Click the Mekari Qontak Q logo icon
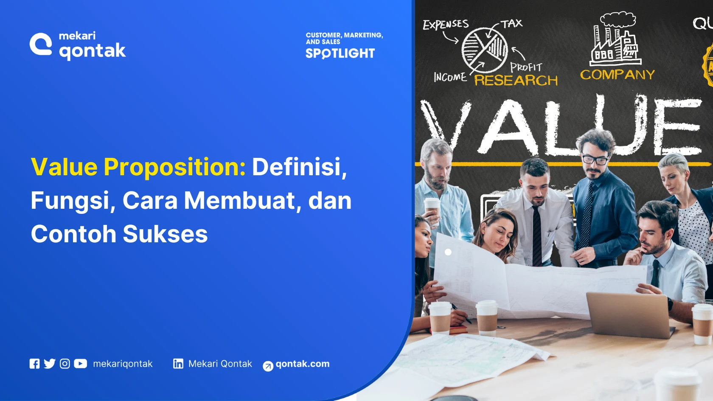pos(41,44)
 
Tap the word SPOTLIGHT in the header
pos(340,53)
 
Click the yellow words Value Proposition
pos(138,167)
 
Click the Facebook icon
pos(34,364)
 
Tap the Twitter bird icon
pos(50,364)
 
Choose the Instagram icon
pos(65,364)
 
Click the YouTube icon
pos(80,364)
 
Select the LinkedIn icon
pos(178,364)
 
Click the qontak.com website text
pos(302,364)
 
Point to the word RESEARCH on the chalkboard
pos(516,80)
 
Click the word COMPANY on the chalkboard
pos(617,75)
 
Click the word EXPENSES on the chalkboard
pos(445,24)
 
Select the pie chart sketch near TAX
pos(484,50)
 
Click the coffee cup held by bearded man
pos(432,208)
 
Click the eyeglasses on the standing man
pos(595,159)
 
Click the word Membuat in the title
pos(239,201)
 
